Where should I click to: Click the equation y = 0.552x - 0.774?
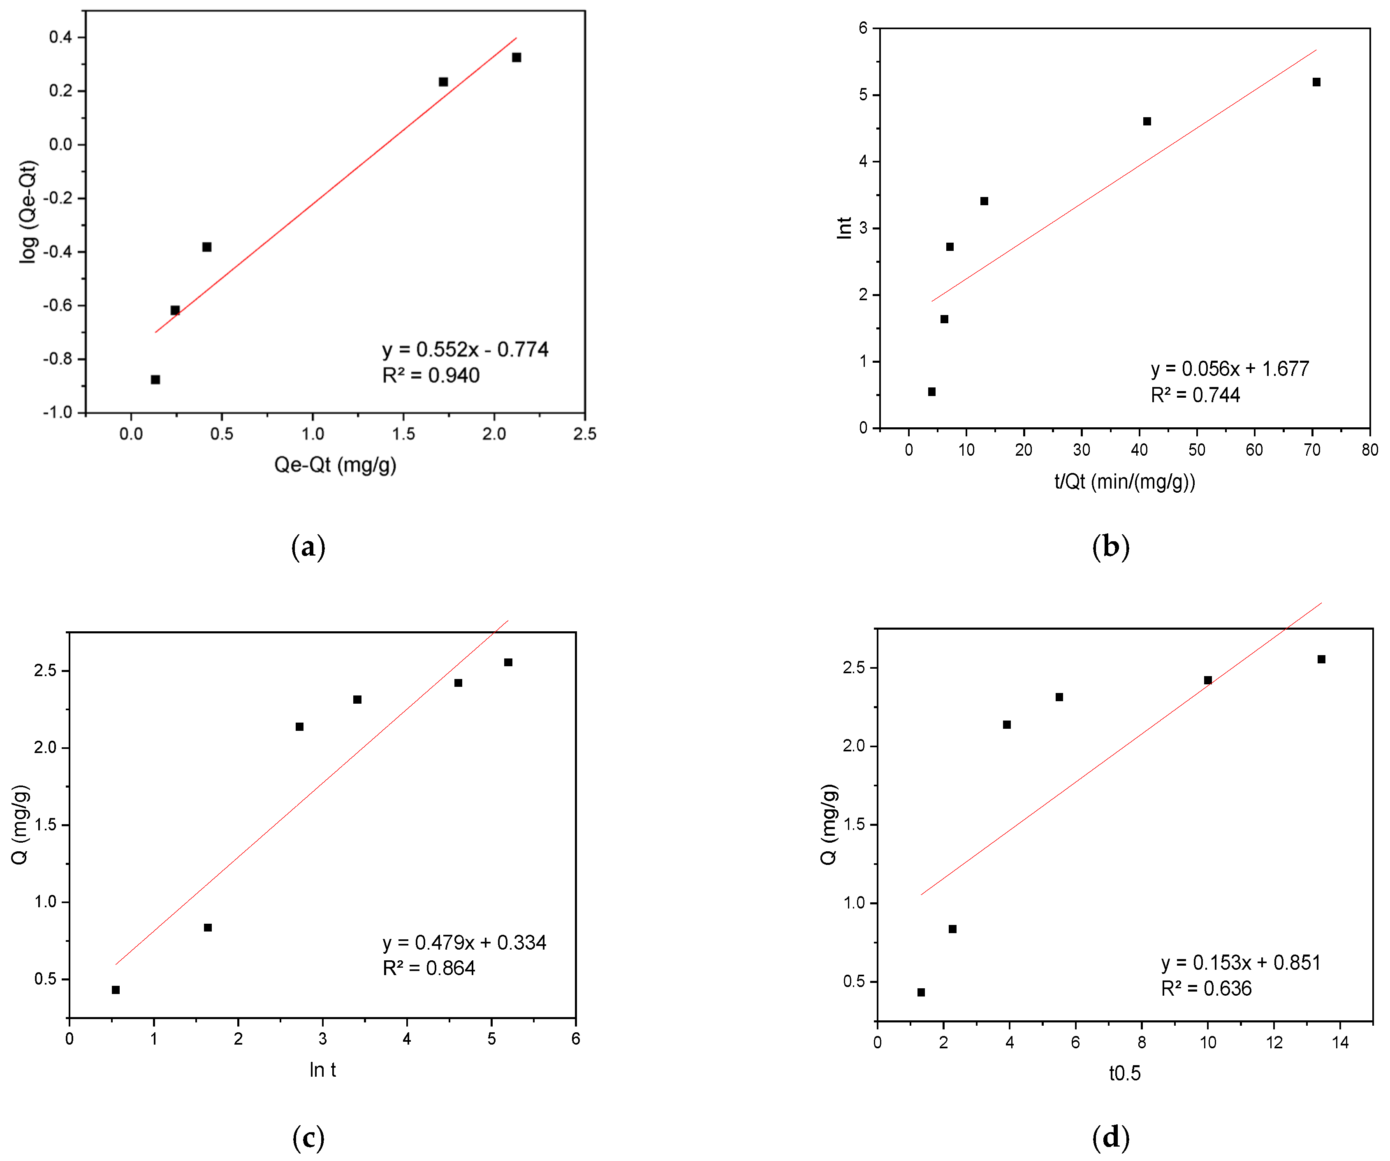click(465, 350)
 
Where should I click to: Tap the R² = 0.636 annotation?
click(1206, 988)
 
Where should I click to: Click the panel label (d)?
click(1111, 1137)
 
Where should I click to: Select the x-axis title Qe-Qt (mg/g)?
click(335, 465)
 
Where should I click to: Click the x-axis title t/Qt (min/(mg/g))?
click(1125, 481)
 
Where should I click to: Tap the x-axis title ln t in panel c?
click(322, 1070)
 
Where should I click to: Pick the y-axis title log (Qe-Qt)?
click(28, 212)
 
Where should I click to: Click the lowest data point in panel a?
click(155, 379)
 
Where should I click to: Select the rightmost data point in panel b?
click(1316, 82)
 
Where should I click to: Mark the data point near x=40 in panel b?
click(1147, 121)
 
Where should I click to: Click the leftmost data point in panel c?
click(116, 990)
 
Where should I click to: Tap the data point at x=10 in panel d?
click(1208, 680)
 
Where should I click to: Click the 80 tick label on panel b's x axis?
click(1369, 450)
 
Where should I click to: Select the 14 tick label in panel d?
click(1340, 1043)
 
